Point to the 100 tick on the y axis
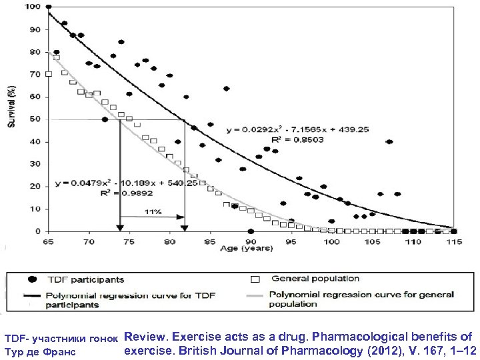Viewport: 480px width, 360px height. [x=32, y=7]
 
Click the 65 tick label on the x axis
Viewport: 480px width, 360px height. [x=48, y=239]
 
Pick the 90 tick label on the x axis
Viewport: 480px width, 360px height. [x=250, y=239]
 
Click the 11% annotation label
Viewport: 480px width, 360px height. [x=153, y=211]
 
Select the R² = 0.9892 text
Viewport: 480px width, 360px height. [x=93, y=193]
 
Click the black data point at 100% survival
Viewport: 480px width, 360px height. [x=48, y=7]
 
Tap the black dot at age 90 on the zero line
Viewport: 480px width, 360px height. [x=250, y=231]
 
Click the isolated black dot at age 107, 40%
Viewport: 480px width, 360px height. [x=389, y=141]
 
